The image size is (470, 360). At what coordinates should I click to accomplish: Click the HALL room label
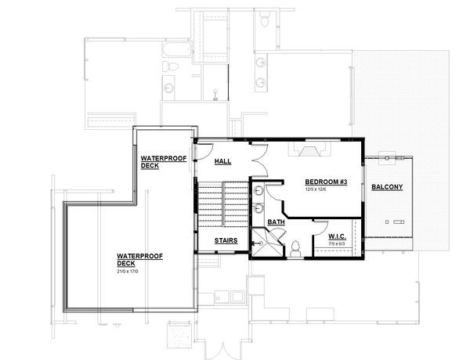[x=222, y=161]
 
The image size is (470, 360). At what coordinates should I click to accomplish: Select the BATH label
[x=276, y=223]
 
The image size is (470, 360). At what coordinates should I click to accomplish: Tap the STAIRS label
[x=226, y=240]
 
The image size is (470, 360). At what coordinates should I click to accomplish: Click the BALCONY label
[x=387, y=187]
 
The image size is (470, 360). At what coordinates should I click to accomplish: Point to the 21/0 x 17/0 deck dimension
[x=128, y=271]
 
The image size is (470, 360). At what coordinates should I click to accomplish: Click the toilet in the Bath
[x=295, y=248]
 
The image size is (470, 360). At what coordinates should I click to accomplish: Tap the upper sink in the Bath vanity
[x=258, y=191]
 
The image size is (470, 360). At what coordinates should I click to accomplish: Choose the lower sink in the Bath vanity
[x=258, y=209]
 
